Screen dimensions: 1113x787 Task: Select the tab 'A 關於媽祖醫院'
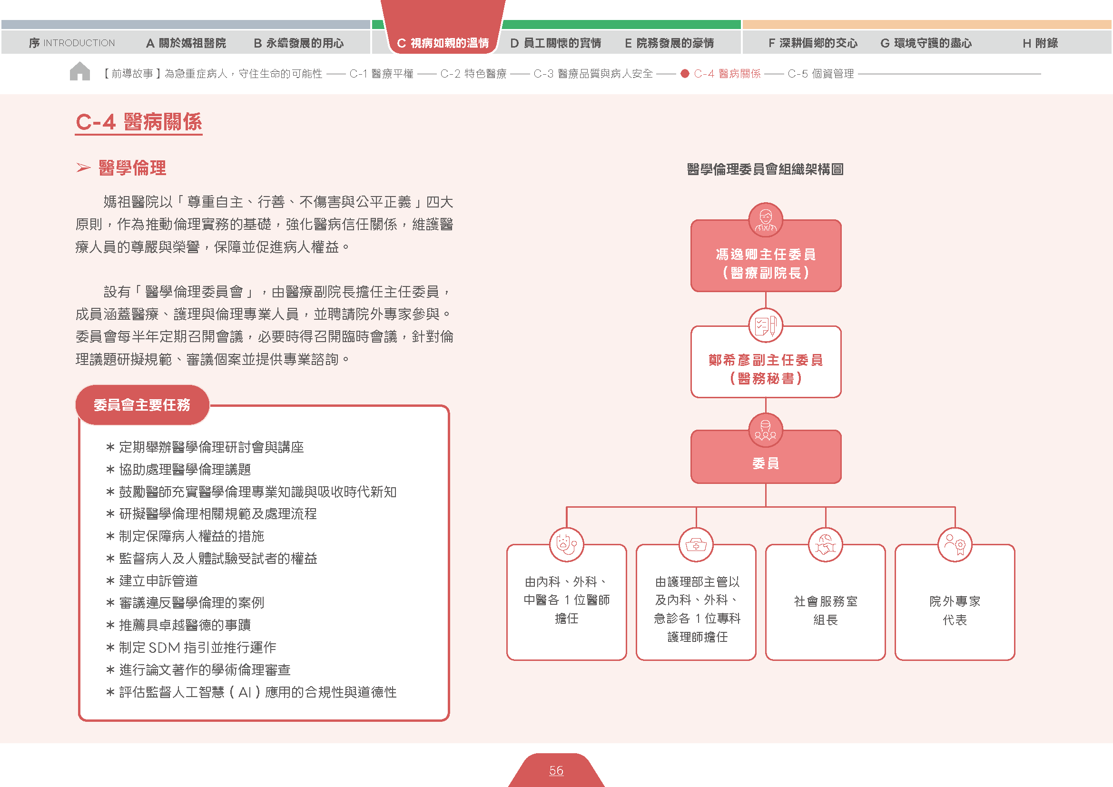pos(186,43)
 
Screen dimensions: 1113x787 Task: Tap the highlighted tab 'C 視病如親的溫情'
pos(443,43)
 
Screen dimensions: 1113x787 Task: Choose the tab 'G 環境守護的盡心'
pos(926,43)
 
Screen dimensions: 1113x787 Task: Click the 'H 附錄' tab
pos(1040,43)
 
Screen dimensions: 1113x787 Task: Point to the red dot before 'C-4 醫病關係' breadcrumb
pos(685,74)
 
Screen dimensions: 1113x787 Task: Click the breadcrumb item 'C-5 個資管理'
pos(821,74)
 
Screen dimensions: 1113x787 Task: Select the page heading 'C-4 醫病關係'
pos(138,122)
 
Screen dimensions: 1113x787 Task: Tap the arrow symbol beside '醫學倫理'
pos(83,167)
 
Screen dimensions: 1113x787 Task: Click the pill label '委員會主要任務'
pos(142,404)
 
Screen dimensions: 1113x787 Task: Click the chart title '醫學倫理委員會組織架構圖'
pos(766,169)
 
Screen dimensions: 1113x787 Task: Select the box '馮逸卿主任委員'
pos(766,256)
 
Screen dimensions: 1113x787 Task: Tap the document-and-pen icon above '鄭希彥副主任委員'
pos(766,325)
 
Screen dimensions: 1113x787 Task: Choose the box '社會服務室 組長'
pos(826,602)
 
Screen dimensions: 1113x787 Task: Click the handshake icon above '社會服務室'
pos(826,545)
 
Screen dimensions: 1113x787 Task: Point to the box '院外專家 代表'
pos(955,602)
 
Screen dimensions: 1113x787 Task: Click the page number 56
pos(556,770)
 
